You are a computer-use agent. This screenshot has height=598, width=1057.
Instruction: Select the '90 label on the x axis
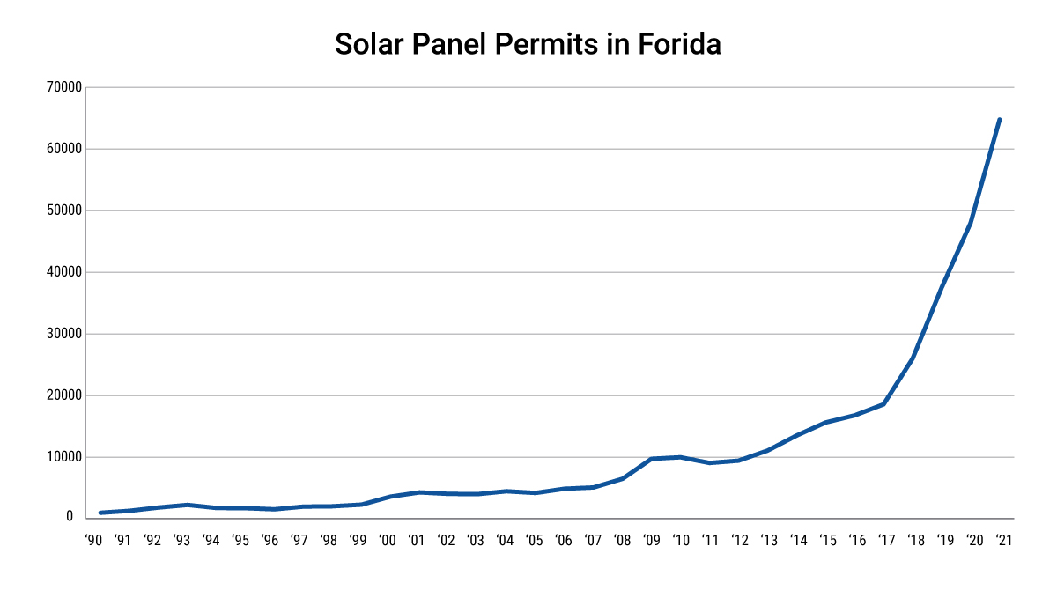pos(94,541)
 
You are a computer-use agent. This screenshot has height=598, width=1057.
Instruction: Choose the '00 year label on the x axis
pos(387,541)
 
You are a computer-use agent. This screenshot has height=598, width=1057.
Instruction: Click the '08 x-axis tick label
pos(622,541)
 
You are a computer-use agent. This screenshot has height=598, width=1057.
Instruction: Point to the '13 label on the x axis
pos(768,541)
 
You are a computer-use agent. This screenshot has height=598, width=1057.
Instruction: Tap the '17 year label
pos(885,541)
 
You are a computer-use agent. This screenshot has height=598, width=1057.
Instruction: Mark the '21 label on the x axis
pos(1002,541)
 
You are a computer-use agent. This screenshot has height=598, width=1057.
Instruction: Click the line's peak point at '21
pos(999,119)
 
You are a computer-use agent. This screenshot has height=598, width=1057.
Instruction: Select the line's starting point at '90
pos(101,513)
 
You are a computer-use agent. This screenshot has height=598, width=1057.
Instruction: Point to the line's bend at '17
pos(883,404)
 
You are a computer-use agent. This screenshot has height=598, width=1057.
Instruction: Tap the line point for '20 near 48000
pos(971,223)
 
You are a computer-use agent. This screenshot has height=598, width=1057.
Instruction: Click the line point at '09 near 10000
pos(651,459)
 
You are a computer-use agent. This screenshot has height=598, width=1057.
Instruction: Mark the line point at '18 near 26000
pos(913,358)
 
